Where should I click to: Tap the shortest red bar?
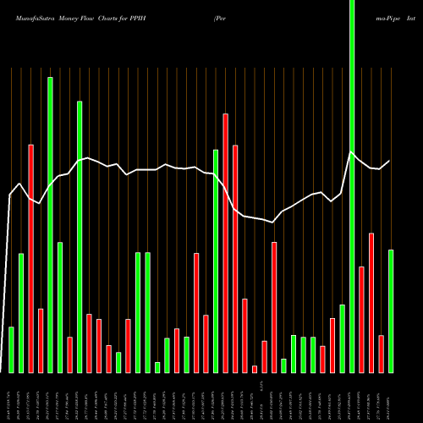point(255,369)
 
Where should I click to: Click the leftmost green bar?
point(11,349)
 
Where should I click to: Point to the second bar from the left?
point(21,313)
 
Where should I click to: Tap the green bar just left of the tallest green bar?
point(343,338)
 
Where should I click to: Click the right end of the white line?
point(390,161)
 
